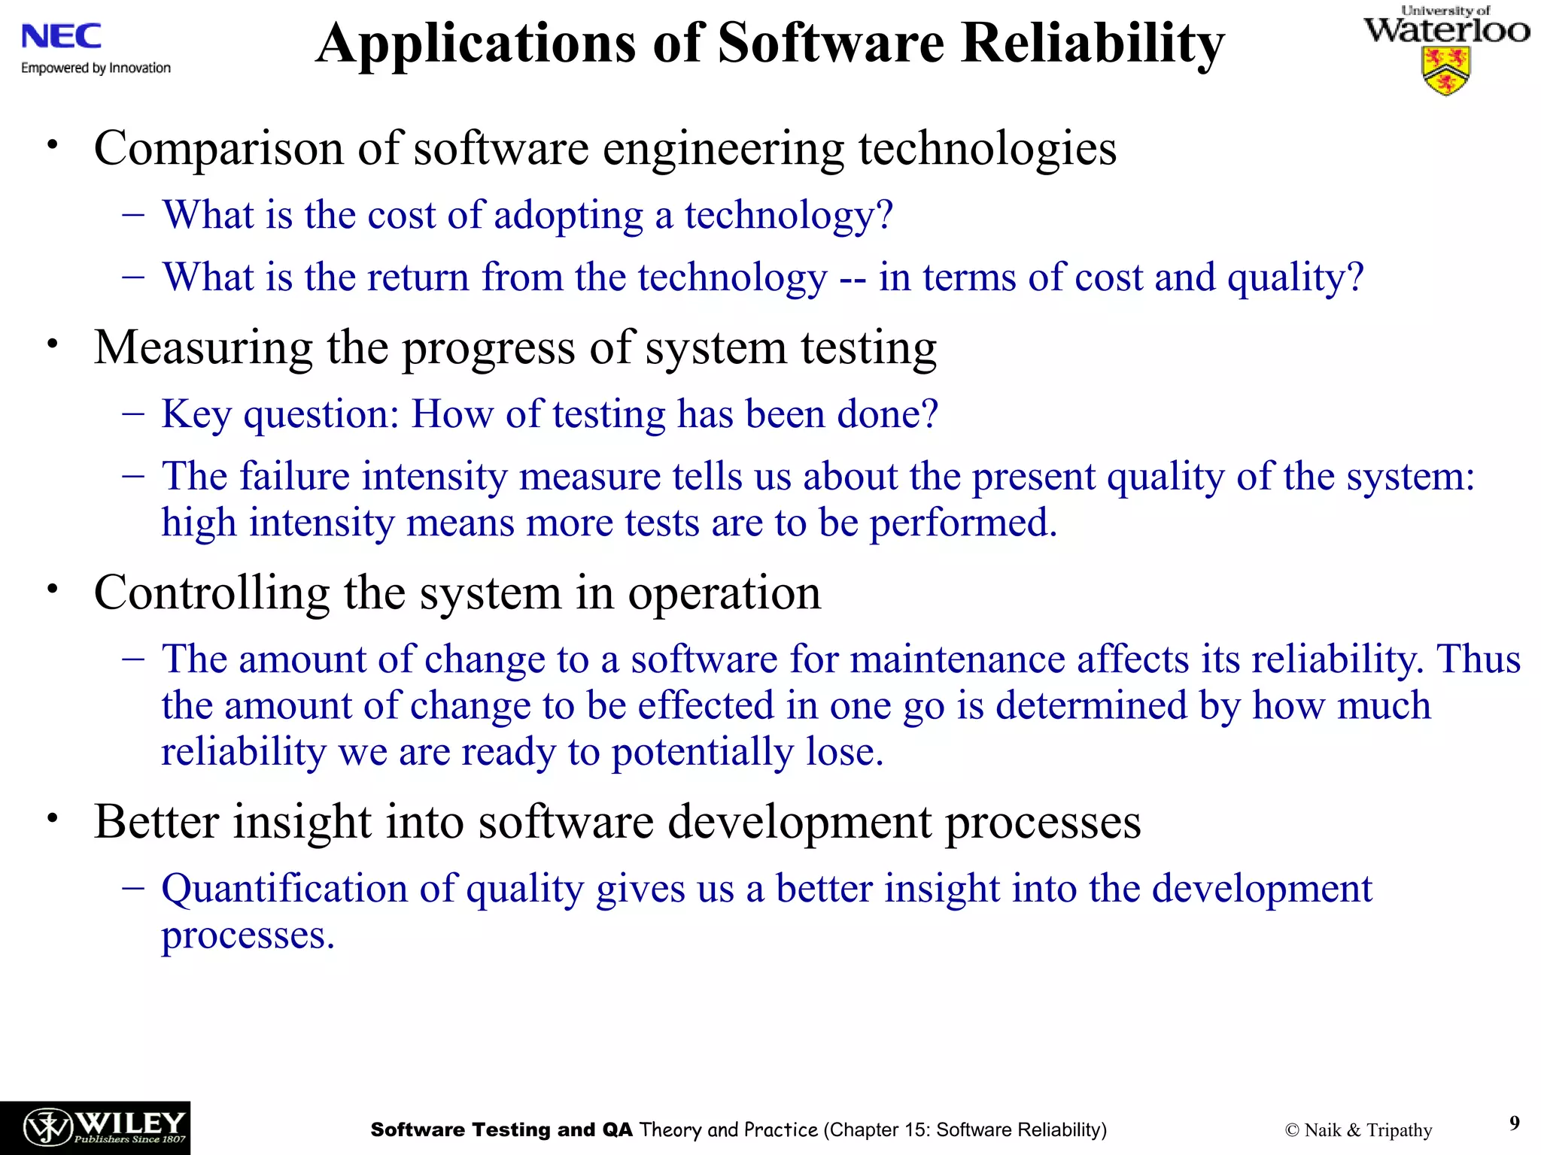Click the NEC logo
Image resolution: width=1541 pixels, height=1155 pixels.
[62, 36]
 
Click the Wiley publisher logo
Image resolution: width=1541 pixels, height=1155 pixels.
[95, 1128]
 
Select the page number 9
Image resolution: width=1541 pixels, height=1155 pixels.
[1514, 1123]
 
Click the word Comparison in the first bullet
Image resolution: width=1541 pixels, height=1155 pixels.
[218, 148]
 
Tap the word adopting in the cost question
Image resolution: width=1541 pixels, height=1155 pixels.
[569, 215]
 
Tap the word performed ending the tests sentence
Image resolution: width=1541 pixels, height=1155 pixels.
[963, 523]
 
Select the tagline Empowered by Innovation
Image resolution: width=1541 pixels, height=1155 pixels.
[96, 68]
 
